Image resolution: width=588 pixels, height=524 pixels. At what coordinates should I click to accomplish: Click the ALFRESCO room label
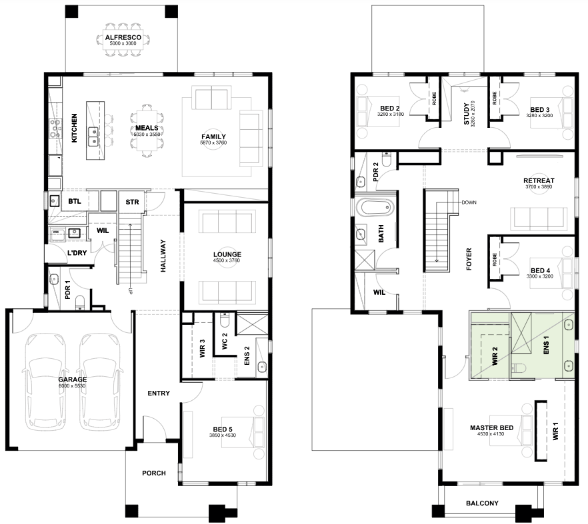click(x=123, y=37)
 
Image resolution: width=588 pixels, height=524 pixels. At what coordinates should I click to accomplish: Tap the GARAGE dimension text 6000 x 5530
click(x=72, y=386)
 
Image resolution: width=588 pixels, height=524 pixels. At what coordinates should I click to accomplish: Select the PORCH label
click(x=154, y=473)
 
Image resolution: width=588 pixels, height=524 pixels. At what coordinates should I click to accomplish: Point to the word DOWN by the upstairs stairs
click(x=469, y=202)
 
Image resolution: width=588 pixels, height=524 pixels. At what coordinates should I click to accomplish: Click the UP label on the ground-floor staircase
click(x=131, y=291)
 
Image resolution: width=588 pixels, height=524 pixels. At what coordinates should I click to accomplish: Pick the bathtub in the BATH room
click(x=375, y=208)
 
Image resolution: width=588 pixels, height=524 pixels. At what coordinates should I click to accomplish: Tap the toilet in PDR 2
click(x=387, y=159)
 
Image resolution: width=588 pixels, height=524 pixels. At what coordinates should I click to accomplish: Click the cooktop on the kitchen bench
click(x=55, y=129)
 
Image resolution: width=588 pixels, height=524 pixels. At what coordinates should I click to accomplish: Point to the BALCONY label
click(x=482, y=503)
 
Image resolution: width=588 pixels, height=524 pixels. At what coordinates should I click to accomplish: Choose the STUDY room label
click(x=467, y=113)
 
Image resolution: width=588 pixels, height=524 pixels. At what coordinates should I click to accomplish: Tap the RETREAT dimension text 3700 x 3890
click(x=539, y=186)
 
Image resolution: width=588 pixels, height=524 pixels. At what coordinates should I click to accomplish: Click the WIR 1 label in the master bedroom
click(x=556, y=431)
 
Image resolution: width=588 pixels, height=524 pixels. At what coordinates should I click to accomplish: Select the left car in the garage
click(x=45, y=382)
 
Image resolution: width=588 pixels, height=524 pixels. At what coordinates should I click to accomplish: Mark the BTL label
click(x=75, y=202)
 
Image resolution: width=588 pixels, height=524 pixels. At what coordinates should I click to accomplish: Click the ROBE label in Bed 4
click(x=495, y=259)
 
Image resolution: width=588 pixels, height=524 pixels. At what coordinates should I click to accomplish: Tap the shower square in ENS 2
click(x=252, y=325)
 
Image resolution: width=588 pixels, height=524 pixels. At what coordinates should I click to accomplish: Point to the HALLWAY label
click(x=163, y=256)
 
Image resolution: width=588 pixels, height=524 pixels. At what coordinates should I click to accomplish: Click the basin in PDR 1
click(x=54, y=279)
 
